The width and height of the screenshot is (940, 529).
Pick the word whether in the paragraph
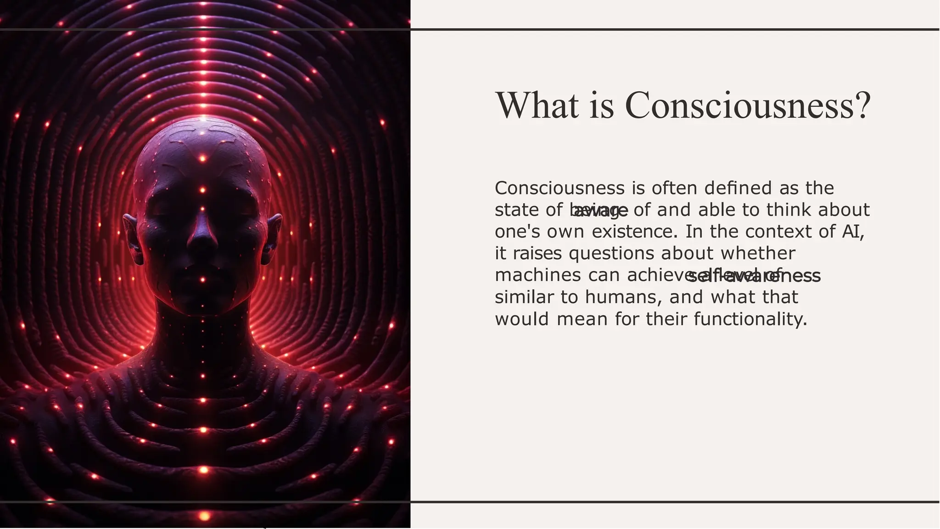point(758,253)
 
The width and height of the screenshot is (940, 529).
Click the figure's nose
point(202,234)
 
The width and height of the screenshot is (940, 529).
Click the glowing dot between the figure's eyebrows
point(202,190)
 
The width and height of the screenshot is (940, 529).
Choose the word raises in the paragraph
point(537,253)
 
